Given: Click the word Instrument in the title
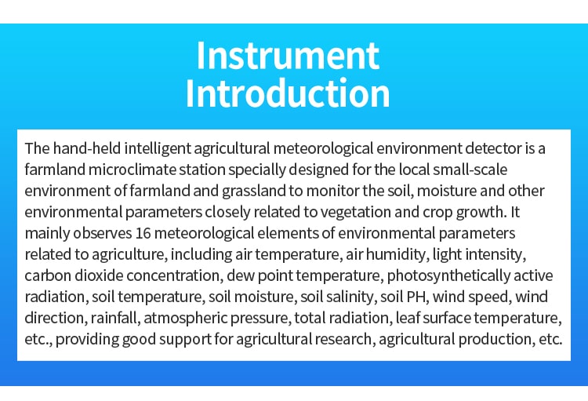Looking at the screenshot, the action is pos(288,56).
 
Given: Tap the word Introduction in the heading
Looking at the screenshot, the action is pos(288,93).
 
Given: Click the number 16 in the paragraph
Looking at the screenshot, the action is pos(143,233).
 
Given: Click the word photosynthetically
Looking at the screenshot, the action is pos(448,275).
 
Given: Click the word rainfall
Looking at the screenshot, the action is pos(115,318).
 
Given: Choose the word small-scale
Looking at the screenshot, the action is pos(470,170).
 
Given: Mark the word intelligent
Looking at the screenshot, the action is pos(158,148).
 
